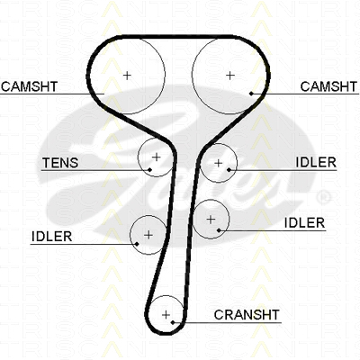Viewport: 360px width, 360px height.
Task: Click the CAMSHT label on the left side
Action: pos(29,86)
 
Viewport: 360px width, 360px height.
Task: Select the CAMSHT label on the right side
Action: pos(328,86)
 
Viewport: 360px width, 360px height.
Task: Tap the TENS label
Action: pos(60,163)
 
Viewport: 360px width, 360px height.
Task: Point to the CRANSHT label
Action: pos(247,315)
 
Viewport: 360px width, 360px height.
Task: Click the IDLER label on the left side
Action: pos(51,237)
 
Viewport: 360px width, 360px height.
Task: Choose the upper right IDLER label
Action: pos(316,163)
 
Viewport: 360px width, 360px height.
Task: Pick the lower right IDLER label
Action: pos(304,223)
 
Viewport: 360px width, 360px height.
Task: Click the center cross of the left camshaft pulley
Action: pos(127,75)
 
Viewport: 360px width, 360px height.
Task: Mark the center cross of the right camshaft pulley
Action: pos(229,76)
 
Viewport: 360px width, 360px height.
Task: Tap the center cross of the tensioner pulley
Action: pos(157,157)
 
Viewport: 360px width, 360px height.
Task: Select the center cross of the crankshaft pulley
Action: pos(166,315)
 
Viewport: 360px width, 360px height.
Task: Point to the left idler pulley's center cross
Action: pos(148,235)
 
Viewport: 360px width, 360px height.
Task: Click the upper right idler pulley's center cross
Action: pos(219,163)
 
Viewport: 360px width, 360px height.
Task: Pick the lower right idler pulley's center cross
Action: pos(211,220)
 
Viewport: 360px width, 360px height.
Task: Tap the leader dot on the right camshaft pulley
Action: pos(251,94)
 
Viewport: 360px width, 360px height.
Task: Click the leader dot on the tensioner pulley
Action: pos(149,170)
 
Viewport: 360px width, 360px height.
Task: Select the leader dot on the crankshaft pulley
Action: pos(173,322)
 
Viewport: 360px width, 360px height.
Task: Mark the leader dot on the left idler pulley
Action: pos(137,244)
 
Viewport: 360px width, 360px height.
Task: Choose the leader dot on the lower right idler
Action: pos(219,230)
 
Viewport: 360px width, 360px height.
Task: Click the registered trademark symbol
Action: pos(324,197)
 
